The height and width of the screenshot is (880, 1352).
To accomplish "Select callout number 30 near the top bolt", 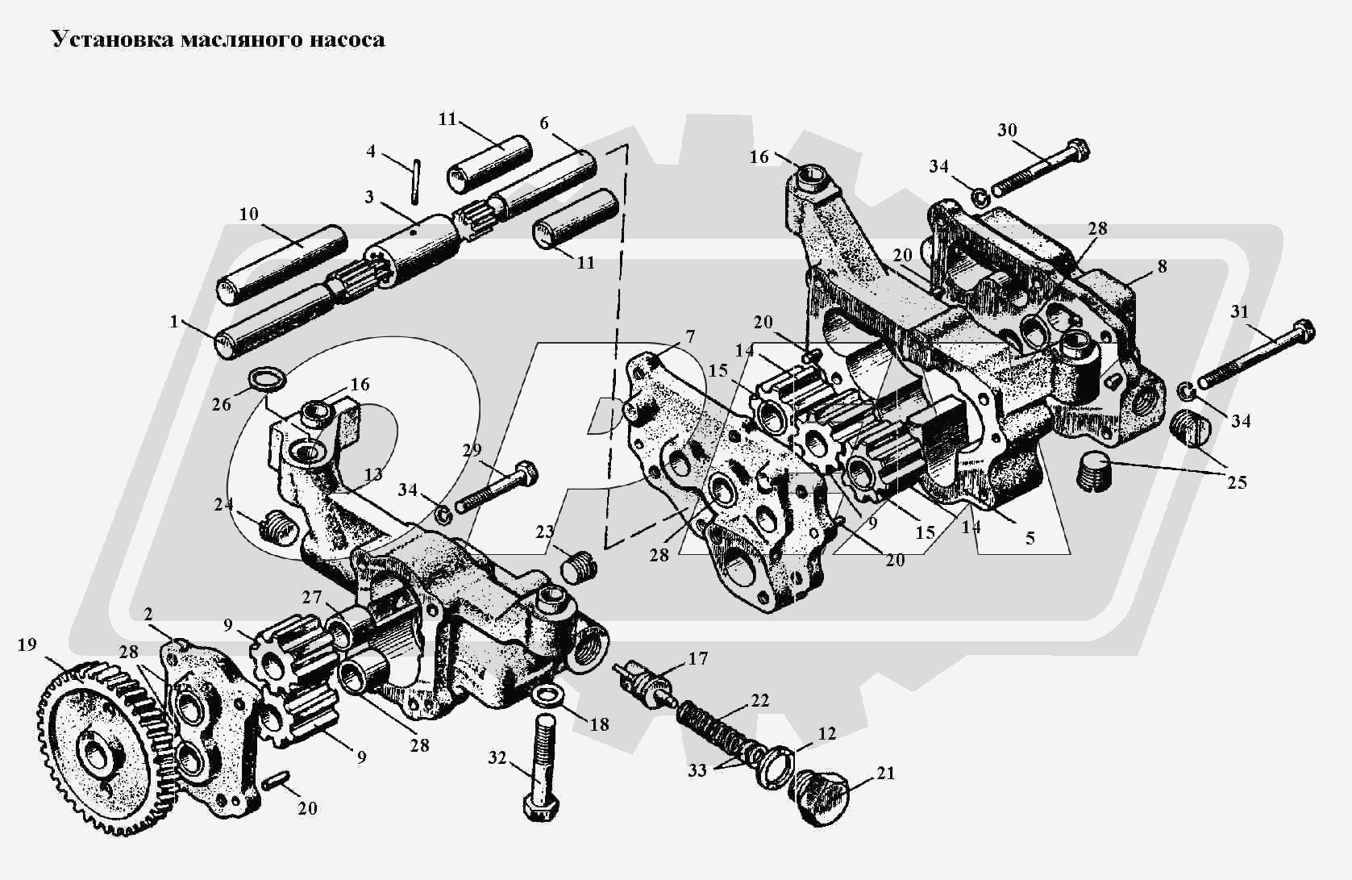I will click(x=1007, y=131).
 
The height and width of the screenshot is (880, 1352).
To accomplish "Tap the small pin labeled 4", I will click(x=414, y=182).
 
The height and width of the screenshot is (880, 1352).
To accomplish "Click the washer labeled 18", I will click(x=548, y=694).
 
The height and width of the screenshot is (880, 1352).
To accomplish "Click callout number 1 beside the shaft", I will click(x=173, y=322).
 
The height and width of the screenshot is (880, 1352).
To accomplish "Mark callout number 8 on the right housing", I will click(x=1162, y=266).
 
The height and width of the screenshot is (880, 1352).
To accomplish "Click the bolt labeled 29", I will click(x=496, y=487).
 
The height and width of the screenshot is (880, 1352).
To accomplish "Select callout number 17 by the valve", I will click(x=697, y=659).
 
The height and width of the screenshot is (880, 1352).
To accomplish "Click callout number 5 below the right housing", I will click(x=1030, y=537).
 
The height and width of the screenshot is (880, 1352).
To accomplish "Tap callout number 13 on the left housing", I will click(x=373, y=474).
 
